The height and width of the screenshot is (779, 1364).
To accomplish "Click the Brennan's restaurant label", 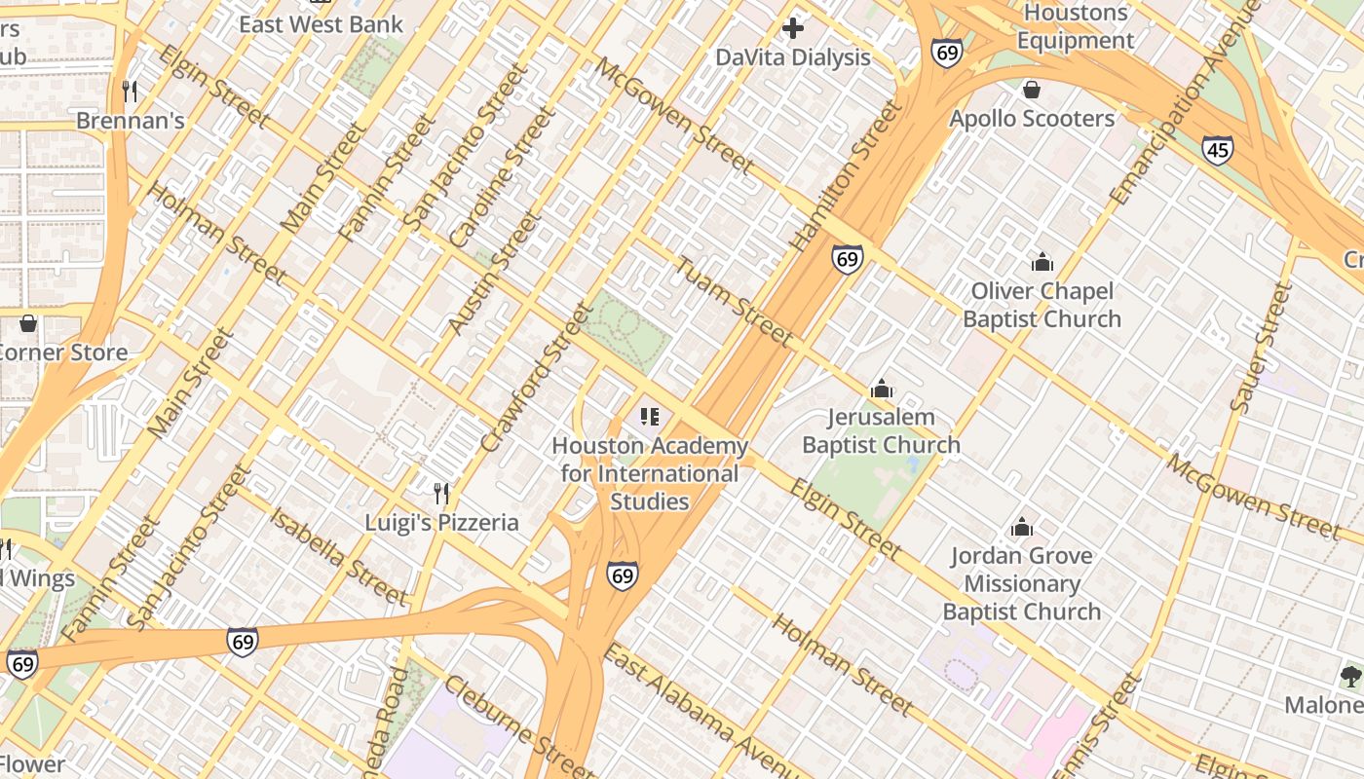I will [131, 120].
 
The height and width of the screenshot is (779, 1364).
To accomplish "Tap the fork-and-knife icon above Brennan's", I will [130, 91].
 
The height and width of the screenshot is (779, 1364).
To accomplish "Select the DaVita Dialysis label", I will [793, 57].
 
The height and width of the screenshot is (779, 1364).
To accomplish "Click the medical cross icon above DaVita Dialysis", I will [793, 28].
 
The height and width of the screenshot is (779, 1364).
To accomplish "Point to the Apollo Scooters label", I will [1032, 119].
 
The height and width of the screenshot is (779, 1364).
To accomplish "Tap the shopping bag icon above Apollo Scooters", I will [1032, 90].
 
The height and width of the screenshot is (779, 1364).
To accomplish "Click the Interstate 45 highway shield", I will [1217, 150].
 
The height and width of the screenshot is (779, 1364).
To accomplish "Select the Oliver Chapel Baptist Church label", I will [1042, 305].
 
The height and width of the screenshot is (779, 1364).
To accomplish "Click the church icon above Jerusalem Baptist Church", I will [882, 389].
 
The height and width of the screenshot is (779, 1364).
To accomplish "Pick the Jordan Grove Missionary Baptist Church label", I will [1021, 583].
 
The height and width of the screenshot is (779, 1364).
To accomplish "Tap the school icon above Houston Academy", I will [650, 417].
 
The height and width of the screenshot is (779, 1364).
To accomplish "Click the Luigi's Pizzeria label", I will [441, 523].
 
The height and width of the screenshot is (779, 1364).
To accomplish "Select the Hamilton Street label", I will [847, 176].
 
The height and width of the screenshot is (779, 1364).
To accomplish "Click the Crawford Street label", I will [537, 378].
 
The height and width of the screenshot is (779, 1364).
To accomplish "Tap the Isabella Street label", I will [338, 556].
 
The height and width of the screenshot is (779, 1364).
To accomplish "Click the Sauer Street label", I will [1262, 347].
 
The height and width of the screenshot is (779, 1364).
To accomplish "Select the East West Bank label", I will [321, 24].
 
